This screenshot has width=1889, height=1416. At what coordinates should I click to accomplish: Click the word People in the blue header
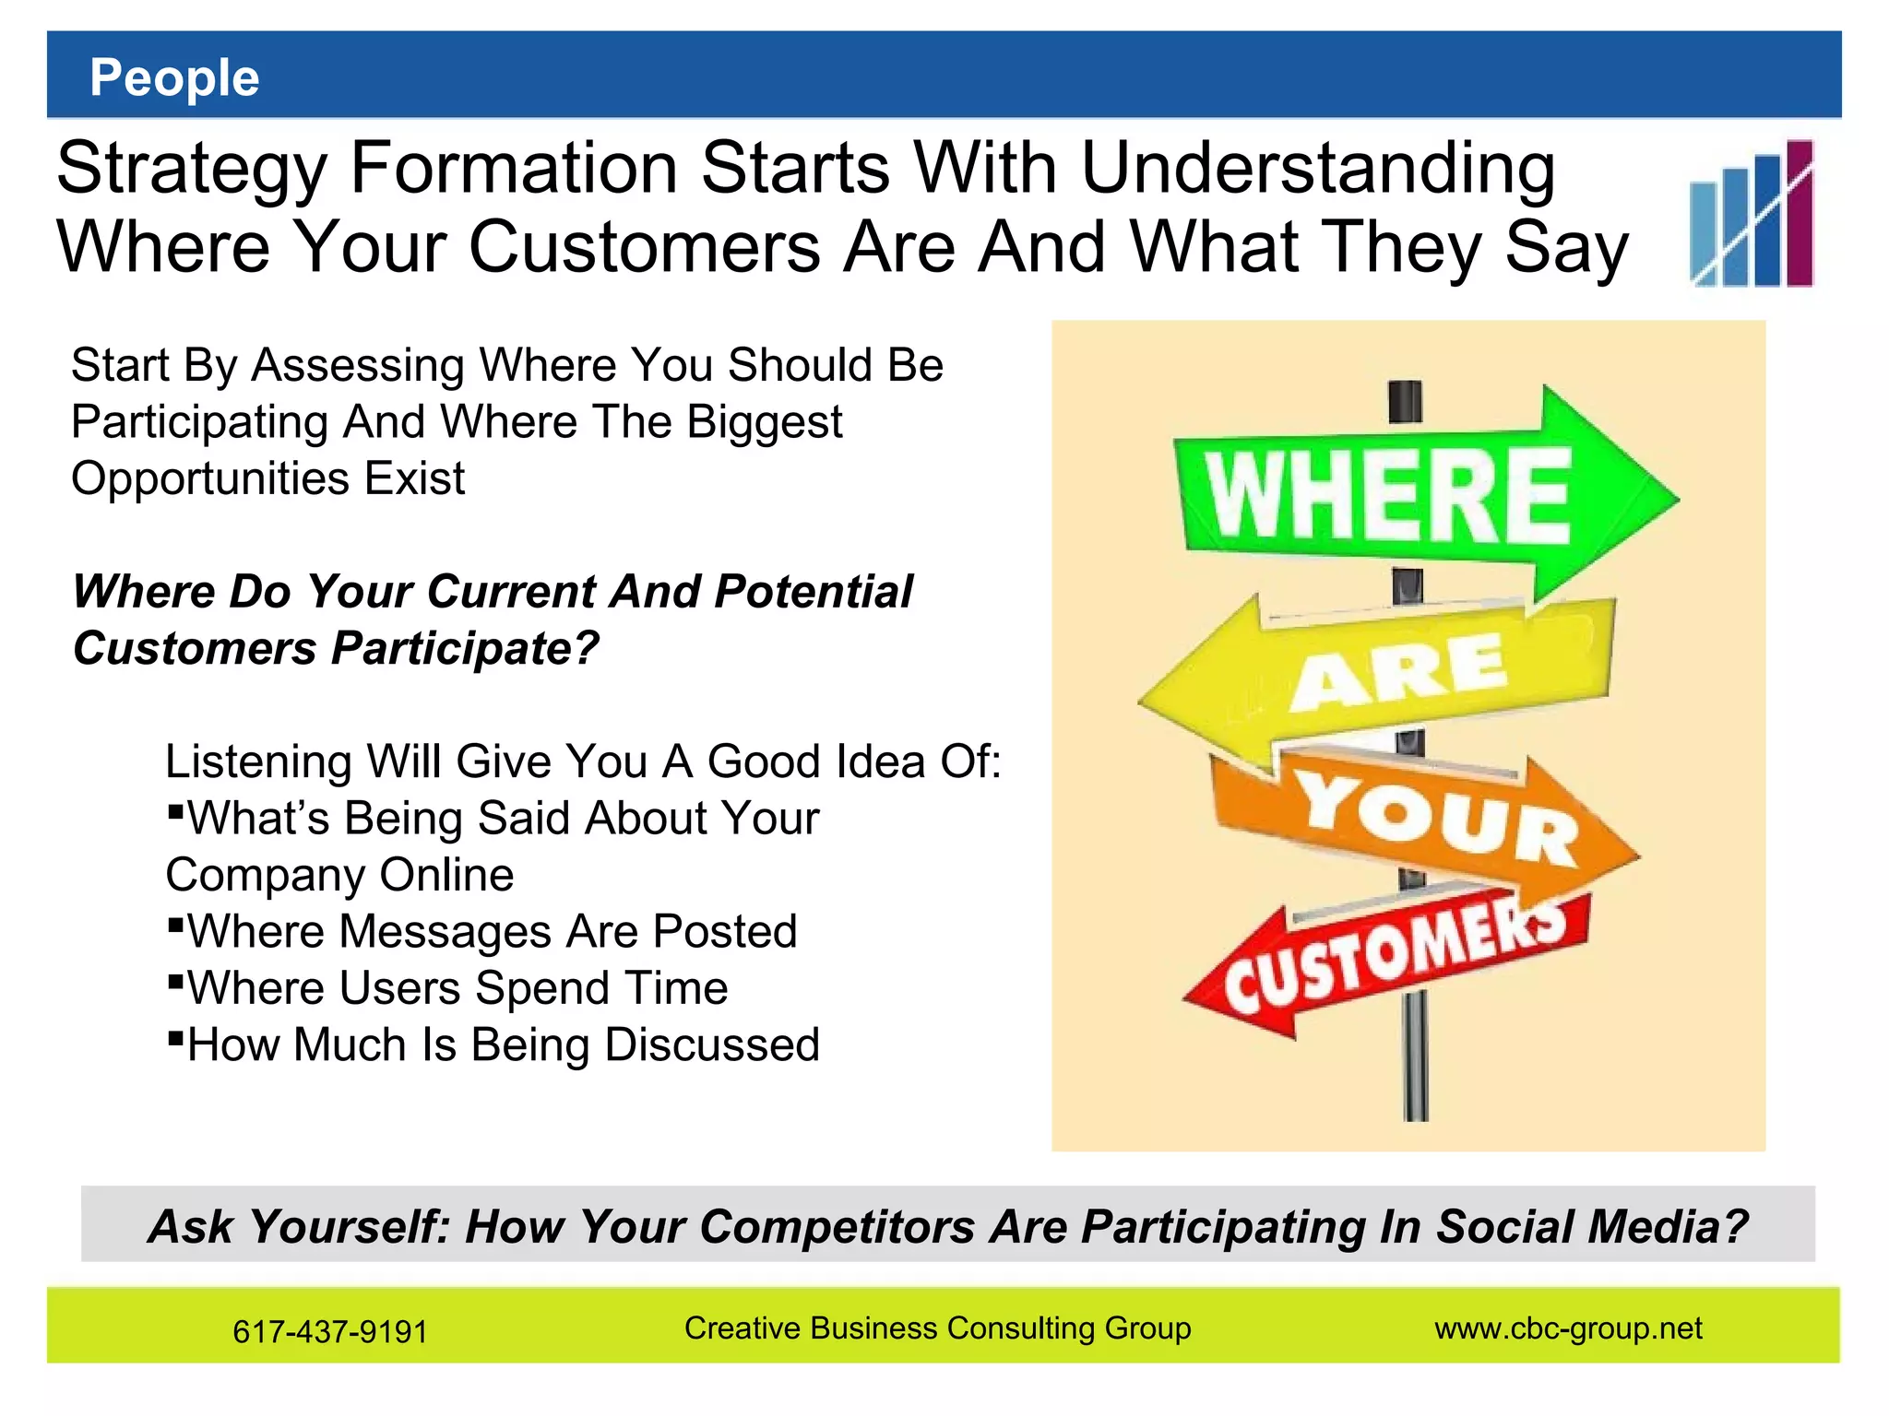pyautogui.click(x=174, y=77)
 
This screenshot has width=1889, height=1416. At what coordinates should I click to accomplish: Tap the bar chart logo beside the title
pyautogui.click(x=1751, y=214)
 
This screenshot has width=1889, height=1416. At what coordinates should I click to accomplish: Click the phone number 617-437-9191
pyautogui.click(x=330, y=1331)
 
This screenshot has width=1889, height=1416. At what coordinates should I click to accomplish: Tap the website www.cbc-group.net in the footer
pyautogui.click(x=1568, y=1327)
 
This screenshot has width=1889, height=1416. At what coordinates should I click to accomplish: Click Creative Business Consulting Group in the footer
pyautogui.click(x=937, y=1327)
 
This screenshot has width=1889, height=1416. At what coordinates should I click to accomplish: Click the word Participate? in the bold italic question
pyautogui.click(x=465, y=648)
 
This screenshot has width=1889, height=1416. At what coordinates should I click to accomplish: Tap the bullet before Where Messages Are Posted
pyautogui.click(x=175, y=924)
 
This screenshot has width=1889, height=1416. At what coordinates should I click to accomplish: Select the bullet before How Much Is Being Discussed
pyautogui.click(x=175, y=1037)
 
